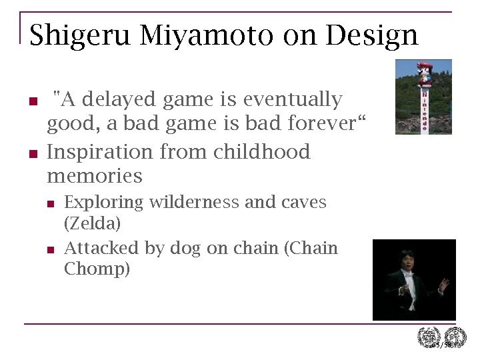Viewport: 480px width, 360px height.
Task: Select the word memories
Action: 95,176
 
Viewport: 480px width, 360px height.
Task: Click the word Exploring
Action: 104,202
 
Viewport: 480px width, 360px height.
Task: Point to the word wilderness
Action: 193,202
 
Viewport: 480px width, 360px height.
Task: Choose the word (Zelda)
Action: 93,223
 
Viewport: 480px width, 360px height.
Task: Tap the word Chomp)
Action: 97,269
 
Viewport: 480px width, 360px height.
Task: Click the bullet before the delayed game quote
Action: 32,102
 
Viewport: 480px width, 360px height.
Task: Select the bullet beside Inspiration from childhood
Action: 32,154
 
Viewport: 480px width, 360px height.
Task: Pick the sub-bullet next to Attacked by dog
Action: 51,250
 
